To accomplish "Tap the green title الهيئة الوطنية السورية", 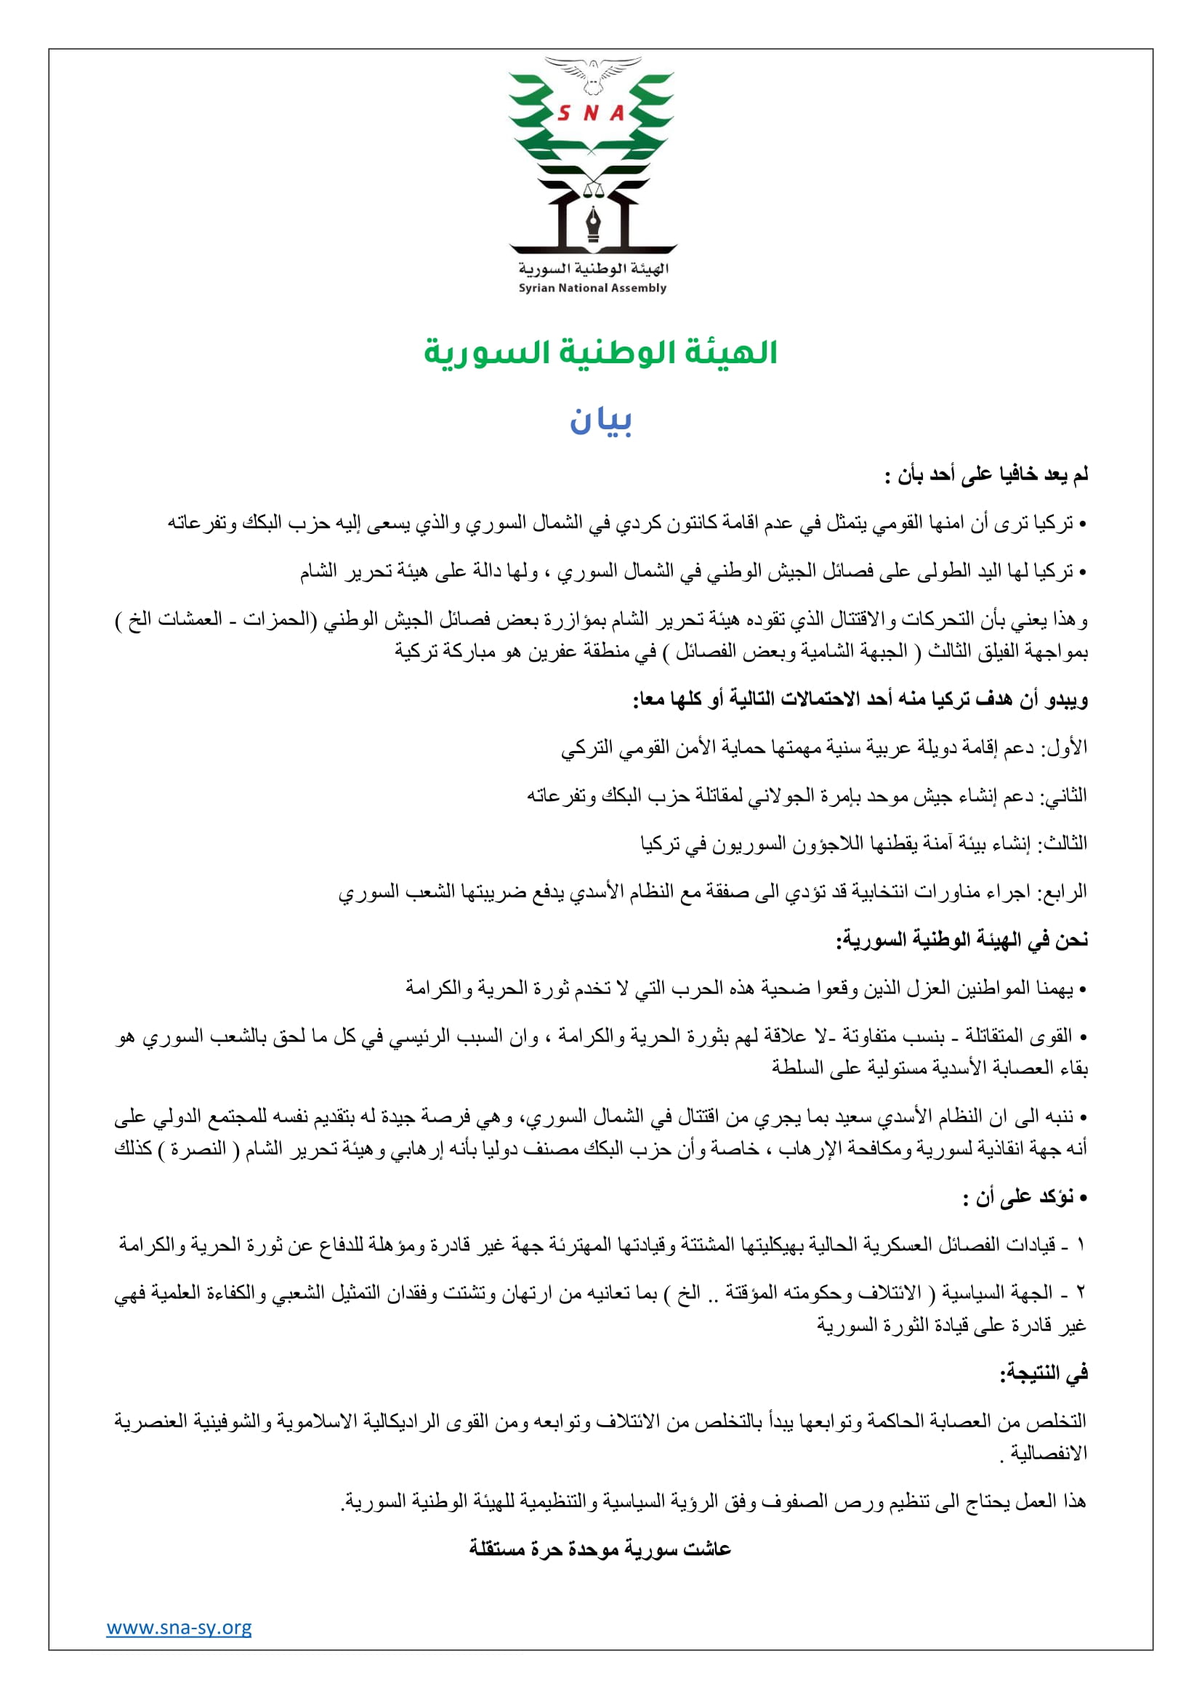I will click(600, 352).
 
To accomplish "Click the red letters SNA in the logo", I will click(592, 113).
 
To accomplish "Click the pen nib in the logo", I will click(594, 223).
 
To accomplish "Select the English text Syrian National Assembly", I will click(592, 288).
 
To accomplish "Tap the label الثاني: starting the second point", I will click(1064, 795).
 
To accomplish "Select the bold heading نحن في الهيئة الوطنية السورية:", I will click(962, 940).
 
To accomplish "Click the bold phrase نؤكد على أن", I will click(1025, 1196).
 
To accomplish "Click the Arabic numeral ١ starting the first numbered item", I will click(1081, 1246).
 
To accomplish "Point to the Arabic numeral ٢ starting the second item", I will click(1081, 1293).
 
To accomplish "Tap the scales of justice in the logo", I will click(594, 188).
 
